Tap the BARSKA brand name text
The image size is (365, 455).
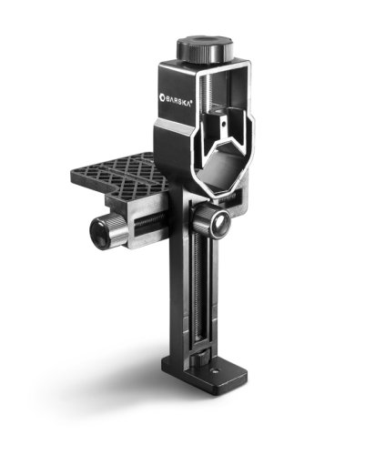178,101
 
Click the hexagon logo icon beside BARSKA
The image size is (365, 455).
162,97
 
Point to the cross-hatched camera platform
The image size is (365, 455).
120,175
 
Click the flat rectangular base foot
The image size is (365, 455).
204,374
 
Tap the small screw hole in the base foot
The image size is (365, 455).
215,370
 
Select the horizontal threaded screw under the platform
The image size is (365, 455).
149,220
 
